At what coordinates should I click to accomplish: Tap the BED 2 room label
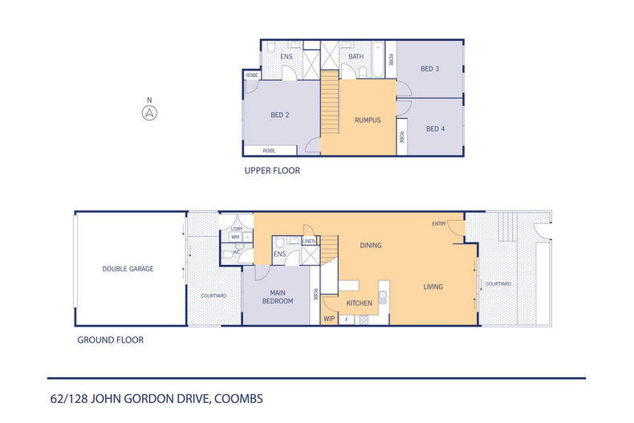[x=279, y=115]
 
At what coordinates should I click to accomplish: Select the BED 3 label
[x=430, y=69]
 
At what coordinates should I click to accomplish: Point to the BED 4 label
[x=435, y=128]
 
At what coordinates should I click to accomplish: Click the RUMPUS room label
[x=368, y=120]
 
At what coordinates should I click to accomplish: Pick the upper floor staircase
[x=330, y=103]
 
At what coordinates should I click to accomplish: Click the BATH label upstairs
[x=356, y=57]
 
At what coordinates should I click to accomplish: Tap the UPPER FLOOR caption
[x=272, y=171]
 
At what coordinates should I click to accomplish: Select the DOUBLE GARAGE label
[x=128, y=269]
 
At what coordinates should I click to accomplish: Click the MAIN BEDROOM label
[x=277, y=296]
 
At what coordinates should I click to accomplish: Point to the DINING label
[x=370, y=246]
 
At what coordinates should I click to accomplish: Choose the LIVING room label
[x=433, y=287]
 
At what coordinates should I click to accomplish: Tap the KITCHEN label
[x=359, y=304]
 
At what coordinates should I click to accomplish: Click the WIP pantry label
[x=329, y=319]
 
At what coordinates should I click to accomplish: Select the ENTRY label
[x=439, y=224]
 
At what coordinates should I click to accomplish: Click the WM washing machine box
[x=235, y=237]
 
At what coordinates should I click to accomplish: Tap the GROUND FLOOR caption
[x=110, y=340]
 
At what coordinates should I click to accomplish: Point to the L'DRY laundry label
[x=236, y=230]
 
